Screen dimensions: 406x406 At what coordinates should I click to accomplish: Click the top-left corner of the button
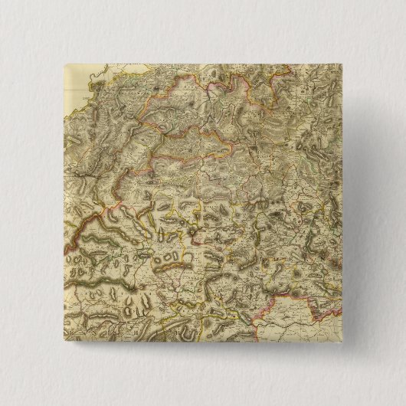pos(63,64)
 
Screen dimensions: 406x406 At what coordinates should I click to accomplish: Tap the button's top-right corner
pos(343,64)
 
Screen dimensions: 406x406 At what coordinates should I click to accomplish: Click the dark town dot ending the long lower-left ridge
pos(138,286)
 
